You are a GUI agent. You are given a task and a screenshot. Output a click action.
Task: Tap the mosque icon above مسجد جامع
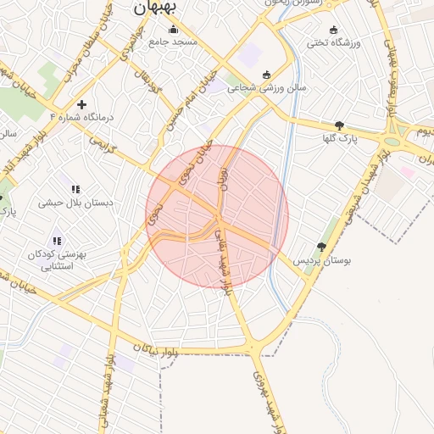pos(173,29)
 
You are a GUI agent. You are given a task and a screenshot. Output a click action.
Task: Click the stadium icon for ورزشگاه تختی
pos(333,30)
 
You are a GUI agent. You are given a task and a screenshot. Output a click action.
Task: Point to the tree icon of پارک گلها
pos(340,125)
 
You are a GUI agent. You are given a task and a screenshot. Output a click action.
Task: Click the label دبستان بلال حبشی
pos(69,203)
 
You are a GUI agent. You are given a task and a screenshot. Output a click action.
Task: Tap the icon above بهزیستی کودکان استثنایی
pos(57,241)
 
